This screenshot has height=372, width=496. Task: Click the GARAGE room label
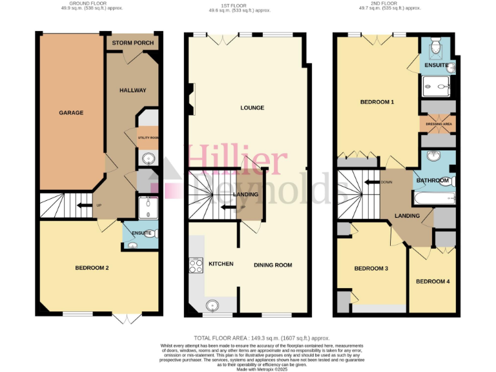click(71, 113)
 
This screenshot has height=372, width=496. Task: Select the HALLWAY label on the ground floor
click(132, 90)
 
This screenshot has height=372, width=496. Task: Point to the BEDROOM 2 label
click(92, 267)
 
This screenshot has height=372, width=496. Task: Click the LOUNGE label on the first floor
click(252, 108)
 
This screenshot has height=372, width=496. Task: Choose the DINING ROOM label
click(273, 265)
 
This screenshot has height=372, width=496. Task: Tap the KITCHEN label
click(220, 264)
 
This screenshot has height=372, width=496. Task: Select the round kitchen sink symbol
click(212, 305)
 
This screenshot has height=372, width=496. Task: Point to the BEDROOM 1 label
click(377, 102)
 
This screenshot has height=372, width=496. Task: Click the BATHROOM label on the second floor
click(433, 180)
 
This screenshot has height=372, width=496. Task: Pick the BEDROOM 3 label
click(371, 269)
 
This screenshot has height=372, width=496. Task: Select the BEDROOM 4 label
click(432, 282)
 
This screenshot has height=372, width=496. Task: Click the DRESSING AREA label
click(437, 123)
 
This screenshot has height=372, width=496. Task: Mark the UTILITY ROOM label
click(147, 138)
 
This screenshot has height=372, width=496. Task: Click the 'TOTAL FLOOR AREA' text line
click(262, 338)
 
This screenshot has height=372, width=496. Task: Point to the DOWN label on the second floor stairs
click(386, 182)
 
